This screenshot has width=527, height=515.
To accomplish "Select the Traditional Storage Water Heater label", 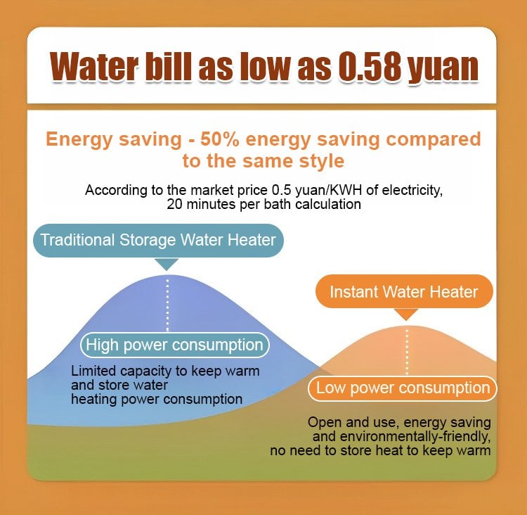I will (158, 239).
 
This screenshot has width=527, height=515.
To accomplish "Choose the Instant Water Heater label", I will (404, 291).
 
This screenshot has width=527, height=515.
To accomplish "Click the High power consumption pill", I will (174, 345).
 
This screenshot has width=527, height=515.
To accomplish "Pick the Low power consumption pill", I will (403, 388).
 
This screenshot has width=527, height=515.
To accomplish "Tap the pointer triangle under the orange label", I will (407, 314).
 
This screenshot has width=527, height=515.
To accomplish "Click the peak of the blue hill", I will (167, 276).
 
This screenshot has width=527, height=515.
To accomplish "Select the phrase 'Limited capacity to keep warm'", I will (166, 371).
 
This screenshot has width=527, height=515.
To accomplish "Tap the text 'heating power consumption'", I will (157, 399).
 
